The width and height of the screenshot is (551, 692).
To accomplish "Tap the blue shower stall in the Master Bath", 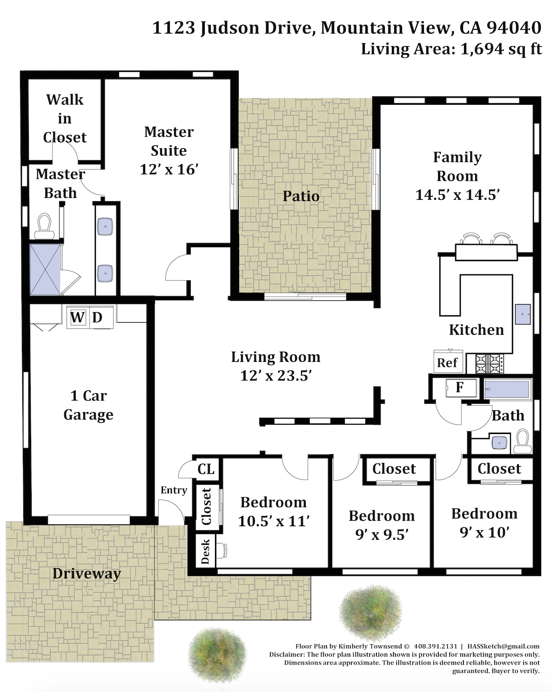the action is pos(45,269).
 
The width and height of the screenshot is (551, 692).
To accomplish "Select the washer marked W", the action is pos(78,318).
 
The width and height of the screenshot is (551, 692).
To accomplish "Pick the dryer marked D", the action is pos(101,318).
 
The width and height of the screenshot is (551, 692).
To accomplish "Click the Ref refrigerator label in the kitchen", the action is pos(447,363).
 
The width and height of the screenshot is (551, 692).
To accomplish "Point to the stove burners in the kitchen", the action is pos(490,363).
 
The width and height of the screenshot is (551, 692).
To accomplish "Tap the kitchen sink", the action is pos(523,314).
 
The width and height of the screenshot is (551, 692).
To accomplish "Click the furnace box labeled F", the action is pos(461,387).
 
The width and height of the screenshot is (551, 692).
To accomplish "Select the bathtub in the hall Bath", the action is pos(507,389).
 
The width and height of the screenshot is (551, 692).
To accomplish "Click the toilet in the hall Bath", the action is pos(522,441).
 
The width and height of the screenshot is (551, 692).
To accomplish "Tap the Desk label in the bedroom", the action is pos(205,551).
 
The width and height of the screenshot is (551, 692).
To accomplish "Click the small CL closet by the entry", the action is pos(206,469).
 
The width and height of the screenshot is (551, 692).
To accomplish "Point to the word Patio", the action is pos(301,196).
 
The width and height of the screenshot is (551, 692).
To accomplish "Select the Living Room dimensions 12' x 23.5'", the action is pos(276,375).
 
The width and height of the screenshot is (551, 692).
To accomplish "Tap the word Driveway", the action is pos(87,574).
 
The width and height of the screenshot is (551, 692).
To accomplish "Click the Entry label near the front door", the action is pos(174,490).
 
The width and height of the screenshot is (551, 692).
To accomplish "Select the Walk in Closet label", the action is pos(65,118).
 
